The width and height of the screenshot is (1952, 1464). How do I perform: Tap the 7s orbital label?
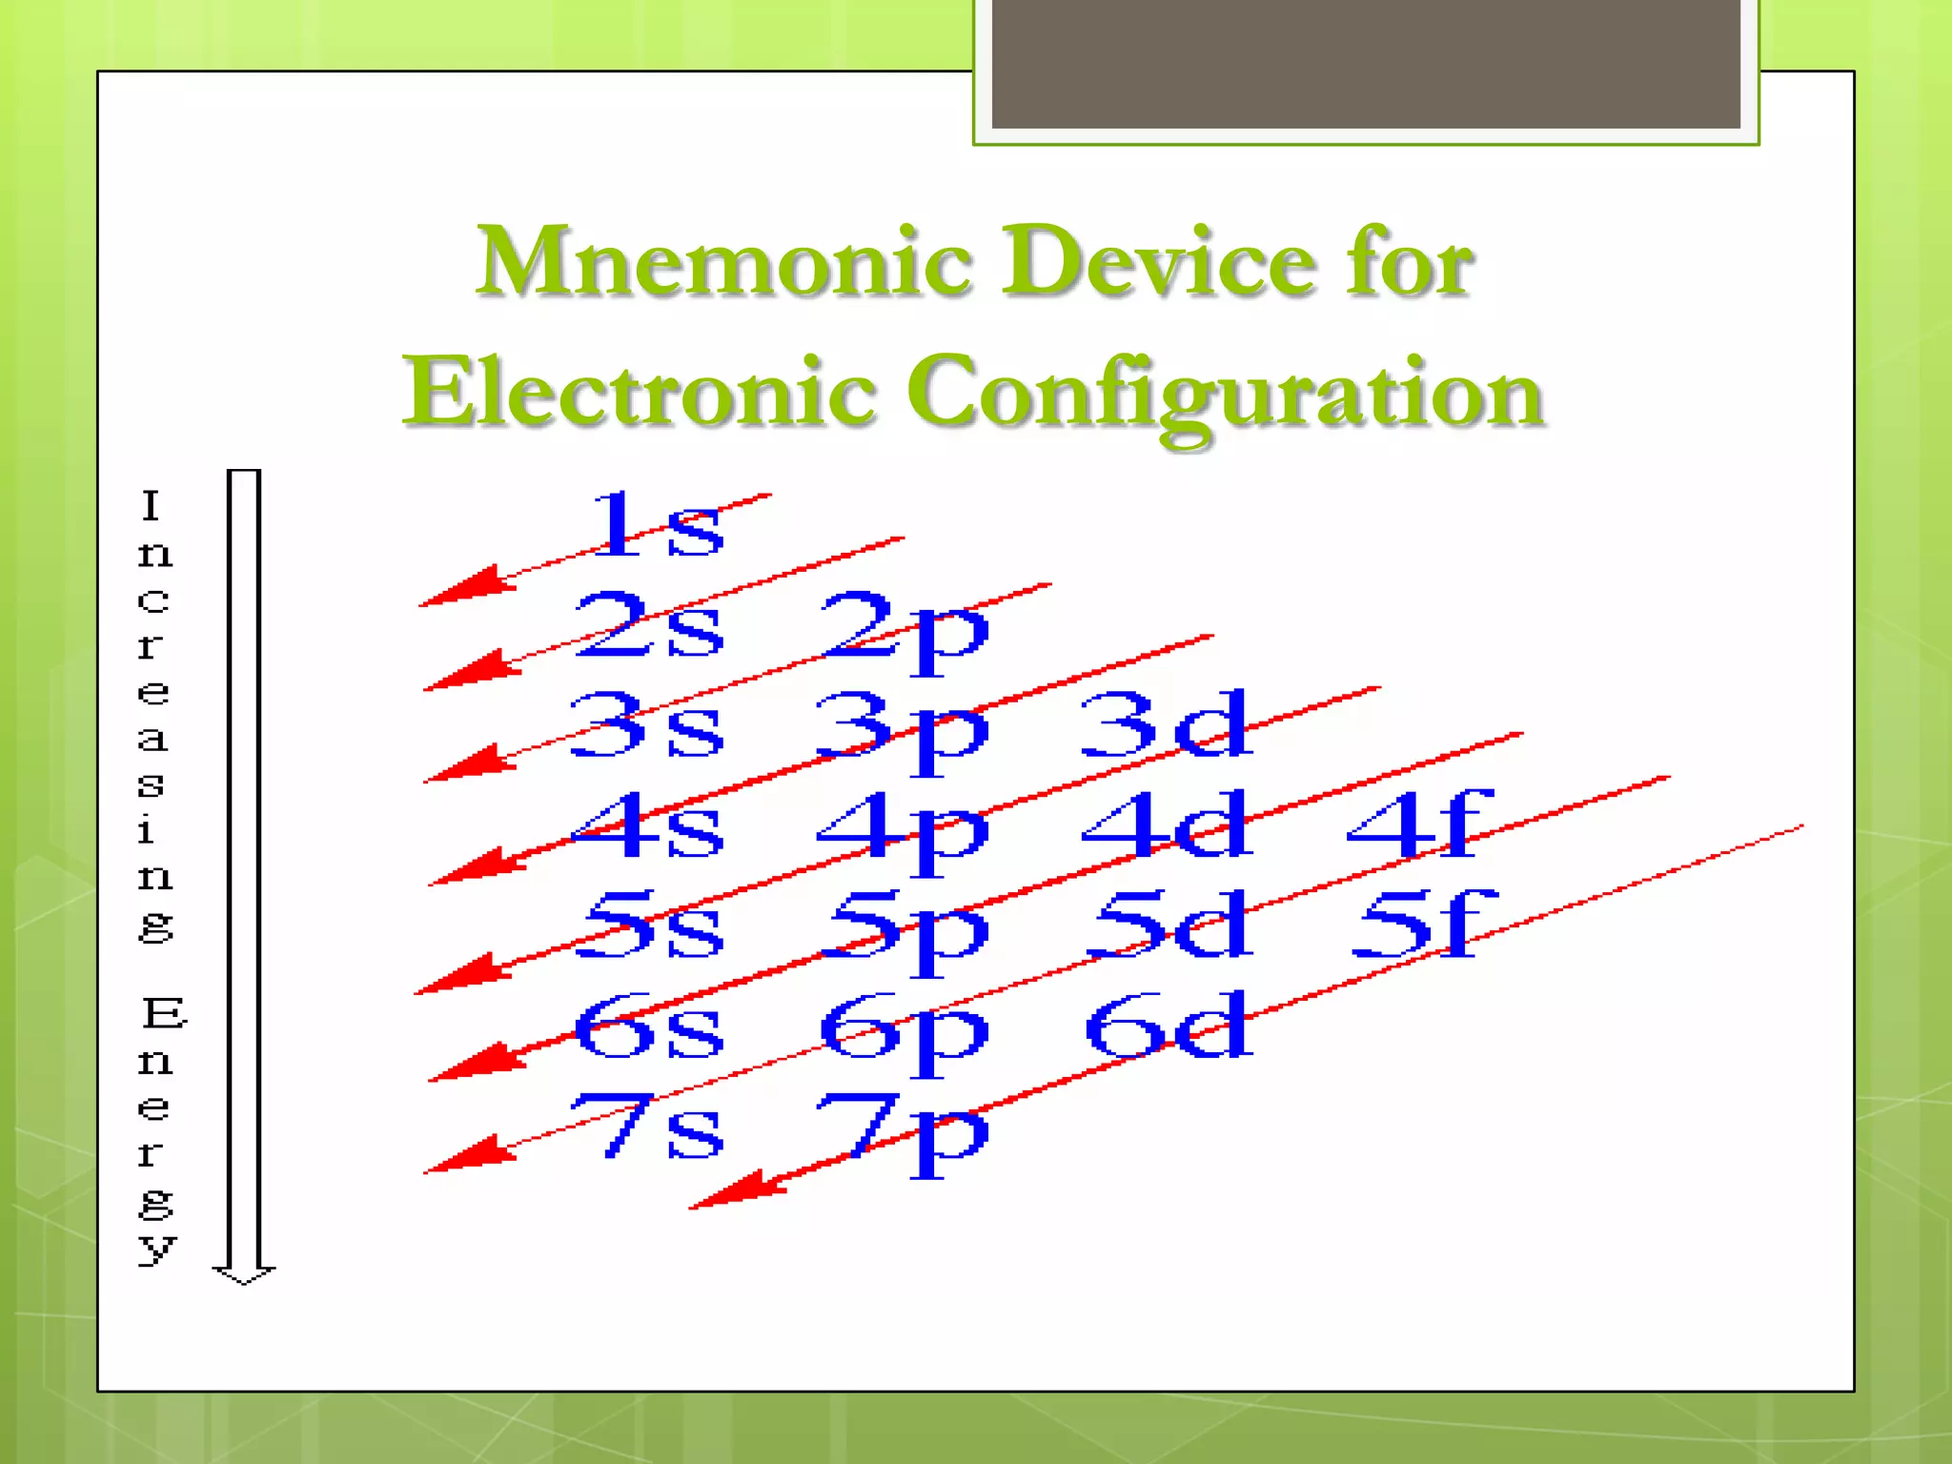pos(648,1128)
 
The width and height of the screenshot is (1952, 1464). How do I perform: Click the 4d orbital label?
pos(1165,824)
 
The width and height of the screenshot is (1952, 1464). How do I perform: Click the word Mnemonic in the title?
pos(724,261)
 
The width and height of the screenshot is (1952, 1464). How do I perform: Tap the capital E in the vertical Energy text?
pos(164,1013)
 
